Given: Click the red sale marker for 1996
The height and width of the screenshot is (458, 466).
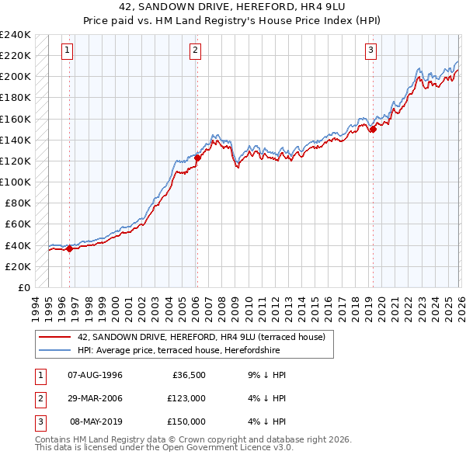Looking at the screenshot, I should click(69, 248).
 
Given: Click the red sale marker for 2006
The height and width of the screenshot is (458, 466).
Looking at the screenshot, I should click(197, 158).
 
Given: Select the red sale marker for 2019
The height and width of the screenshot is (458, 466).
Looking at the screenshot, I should click(373, 130).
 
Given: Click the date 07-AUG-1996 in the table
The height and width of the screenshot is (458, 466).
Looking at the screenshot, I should click(96, 375).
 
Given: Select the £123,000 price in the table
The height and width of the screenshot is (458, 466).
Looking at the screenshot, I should click(186, 398).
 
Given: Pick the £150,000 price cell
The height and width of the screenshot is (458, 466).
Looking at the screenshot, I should click(186, 422).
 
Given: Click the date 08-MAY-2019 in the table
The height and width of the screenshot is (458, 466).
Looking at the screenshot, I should click(96, 422).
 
